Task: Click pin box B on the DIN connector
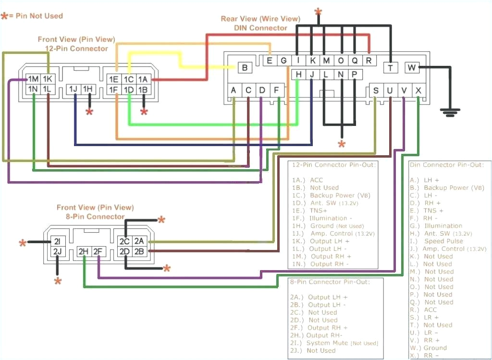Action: [x=245, y=68]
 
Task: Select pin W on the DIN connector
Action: [x=412, y=68]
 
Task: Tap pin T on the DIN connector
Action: [x=391, y=68]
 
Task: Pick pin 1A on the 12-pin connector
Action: [x=143, y=79]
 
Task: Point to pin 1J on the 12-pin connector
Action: [x=74, y=89]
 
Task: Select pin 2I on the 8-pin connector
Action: [x=57, y=241]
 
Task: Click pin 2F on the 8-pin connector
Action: [x=98, y=251]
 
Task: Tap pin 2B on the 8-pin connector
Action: [x=139, y=251]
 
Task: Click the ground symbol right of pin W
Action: [x=449, y=113]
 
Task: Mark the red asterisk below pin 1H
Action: [x=89, y=112]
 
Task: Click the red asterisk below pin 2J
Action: [x=58, y=281]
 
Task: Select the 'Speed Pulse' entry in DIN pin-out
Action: [x=443, y=241]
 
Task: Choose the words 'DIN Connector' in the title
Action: [x=260, y=28]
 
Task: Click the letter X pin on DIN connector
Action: [x=418, y=90]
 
